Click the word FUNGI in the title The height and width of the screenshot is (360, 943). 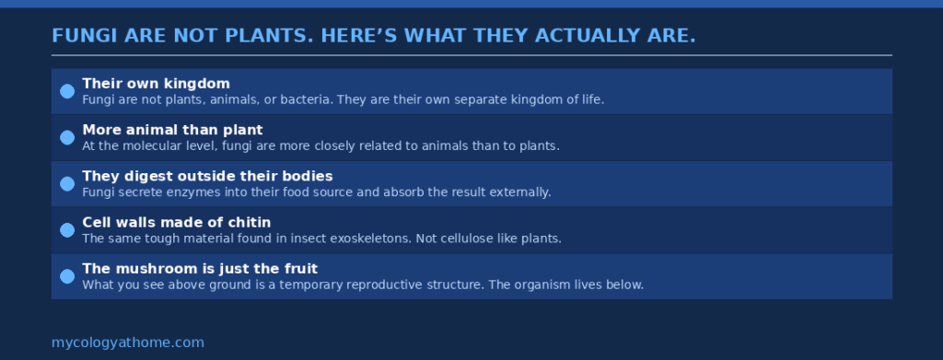[79, 36]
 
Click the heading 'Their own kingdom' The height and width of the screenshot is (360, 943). [156, 84]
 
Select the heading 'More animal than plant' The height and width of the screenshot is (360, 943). [172, 130]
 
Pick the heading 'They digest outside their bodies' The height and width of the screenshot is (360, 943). [207, 176]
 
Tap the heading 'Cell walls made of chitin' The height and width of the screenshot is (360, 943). [176, 222]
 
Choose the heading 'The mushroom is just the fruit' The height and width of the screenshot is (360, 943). [200, 269]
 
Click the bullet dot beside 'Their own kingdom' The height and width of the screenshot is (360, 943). [67, 91]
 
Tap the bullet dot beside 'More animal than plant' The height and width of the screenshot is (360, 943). [67, 137]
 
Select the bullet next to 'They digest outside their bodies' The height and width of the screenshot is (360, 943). [67, 183]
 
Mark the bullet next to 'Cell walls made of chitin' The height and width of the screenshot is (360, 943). [67, 230]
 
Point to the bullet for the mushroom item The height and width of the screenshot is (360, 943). [67, 276]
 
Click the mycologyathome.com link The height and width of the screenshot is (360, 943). [128, 343]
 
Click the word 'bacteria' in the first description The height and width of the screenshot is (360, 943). [306, 99]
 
